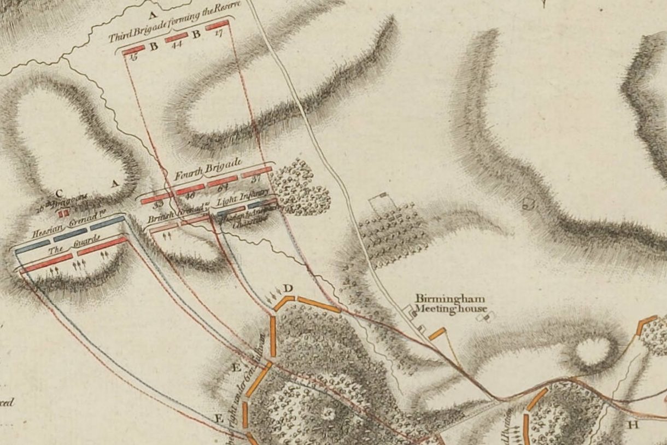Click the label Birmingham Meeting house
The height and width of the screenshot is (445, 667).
coord(450,303)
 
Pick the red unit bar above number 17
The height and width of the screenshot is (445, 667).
coord(217,25)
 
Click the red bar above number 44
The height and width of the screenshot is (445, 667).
coord(176,38)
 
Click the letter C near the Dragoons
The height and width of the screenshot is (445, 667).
coord(59,193)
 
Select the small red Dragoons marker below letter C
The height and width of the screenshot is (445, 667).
coord(63,213)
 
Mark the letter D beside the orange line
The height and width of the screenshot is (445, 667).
coord(288,288)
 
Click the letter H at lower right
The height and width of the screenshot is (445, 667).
coord(633,425)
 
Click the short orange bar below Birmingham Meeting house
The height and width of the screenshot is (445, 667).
coord(437,333)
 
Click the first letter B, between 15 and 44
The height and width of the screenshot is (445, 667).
coord(154,46)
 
